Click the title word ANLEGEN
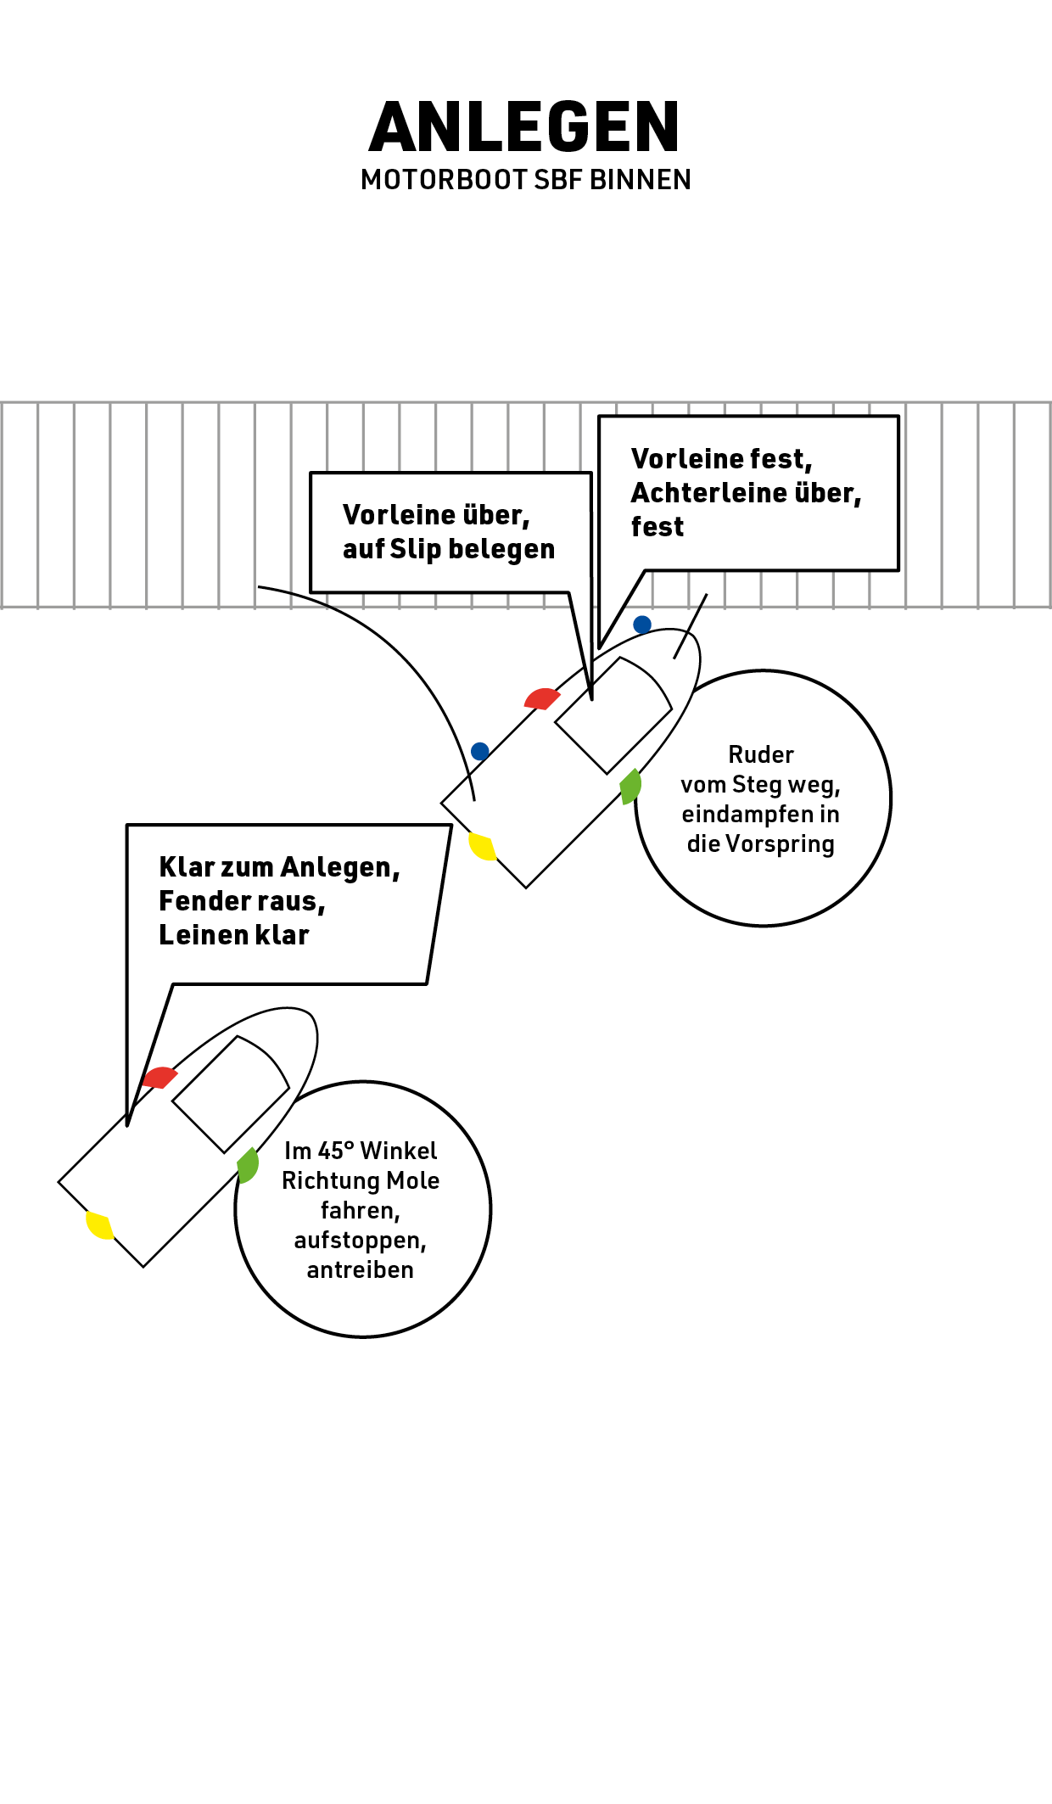pos(525,127)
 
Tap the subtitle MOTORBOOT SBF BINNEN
pos(525,180)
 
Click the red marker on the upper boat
pos(541,699)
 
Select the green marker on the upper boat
pos(630,787)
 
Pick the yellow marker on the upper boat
pos(482,846)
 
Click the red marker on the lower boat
pos(159,1078)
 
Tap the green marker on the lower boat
pos(248,1165)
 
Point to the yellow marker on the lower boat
pos(99,1224)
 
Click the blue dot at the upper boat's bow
pos(642,625)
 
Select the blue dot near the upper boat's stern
pos(479,751)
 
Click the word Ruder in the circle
pos(761,754)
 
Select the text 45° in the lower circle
pos(331,1151)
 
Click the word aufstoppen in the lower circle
pos(360,1241)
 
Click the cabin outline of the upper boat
pos(613,714)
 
